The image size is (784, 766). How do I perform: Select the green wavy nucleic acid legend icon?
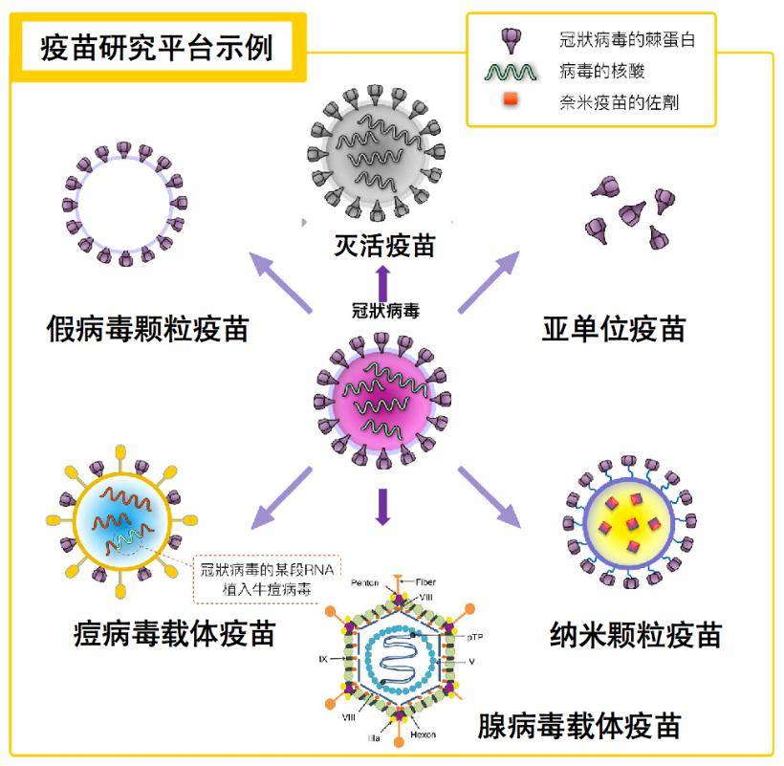(514, 71)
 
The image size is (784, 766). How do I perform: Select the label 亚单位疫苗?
(614, 329)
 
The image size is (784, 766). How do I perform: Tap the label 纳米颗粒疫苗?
(636, 634)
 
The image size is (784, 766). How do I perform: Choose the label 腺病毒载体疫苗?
(579, 726)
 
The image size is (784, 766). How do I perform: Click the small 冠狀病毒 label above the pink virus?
(385, 311)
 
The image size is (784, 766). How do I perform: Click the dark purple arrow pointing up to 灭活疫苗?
(384, 283)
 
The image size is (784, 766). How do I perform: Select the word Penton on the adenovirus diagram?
(366, 582)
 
